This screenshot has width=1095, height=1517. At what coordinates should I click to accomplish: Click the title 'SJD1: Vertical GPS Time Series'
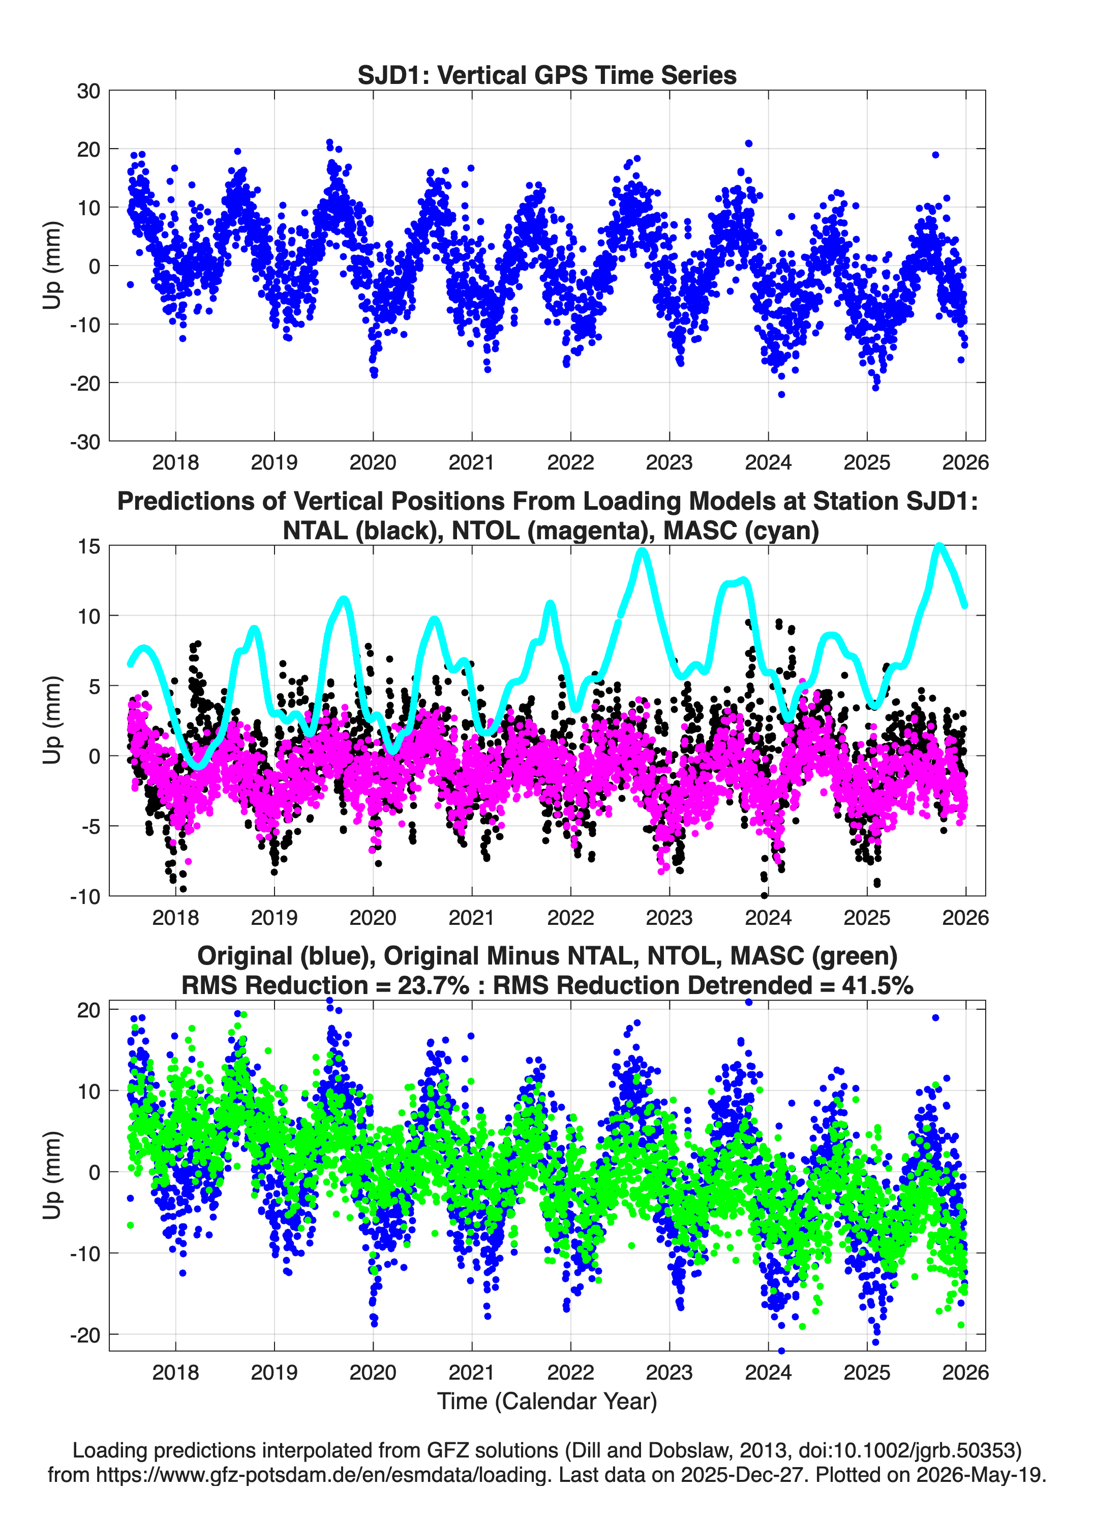click(547, 75)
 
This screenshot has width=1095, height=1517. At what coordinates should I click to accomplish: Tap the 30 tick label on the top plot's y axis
click(88, 91)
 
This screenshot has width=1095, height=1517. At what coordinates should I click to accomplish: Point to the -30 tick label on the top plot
click(85, 442)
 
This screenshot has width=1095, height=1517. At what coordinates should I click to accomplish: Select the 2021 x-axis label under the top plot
click(471, 462)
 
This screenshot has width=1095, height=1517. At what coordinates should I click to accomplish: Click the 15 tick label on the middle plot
click(89, 546)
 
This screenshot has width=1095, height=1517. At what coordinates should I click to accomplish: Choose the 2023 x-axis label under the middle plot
click(669, 917)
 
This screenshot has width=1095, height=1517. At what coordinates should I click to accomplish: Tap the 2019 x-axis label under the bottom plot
click(274, 1372)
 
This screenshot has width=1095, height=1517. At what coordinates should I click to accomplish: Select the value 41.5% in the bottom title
click(878, 985)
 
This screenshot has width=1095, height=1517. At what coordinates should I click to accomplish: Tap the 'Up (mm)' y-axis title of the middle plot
click(52, 720)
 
